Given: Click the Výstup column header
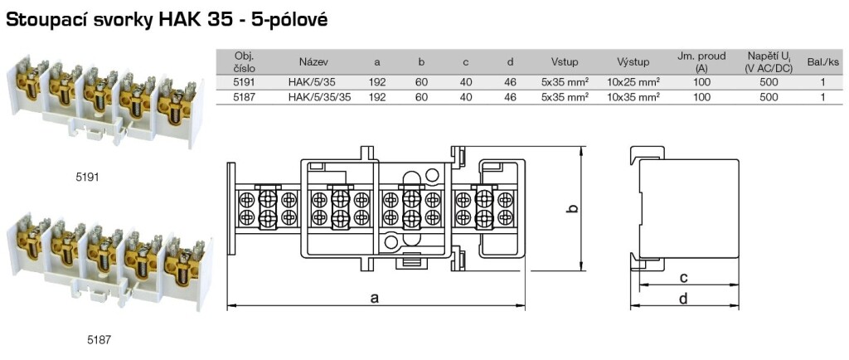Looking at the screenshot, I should coord(633,62).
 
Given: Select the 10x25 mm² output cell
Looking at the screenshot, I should coord(633,82).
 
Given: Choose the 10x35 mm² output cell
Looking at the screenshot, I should coord(633,97).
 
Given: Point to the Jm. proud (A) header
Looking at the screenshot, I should coord(702,62).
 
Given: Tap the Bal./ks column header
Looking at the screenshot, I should coord(822,62).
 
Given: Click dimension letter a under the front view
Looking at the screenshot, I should coord(375,299).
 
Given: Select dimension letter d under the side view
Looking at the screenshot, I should coord(683,299).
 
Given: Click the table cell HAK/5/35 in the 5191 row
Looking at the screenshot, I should coord(309,82).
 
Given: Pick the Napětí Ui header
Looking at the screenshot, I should coord(769,62).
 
